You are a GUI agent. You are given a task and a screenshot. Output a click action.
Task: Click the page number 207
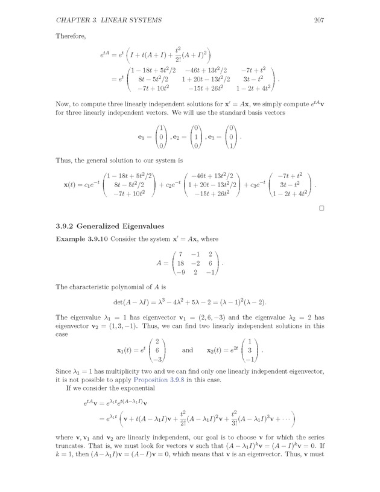[x=320, y=21]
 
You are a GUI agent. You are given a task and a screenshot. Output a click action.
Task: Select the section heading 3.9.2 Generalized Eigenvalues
[x=109, y=226]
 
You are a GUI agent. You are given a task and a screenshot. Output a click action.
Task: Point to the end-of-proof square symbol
[x=322, y=208]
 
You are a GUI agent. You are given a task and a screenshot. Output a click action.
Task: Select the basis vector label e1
[x=143, y=138]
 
